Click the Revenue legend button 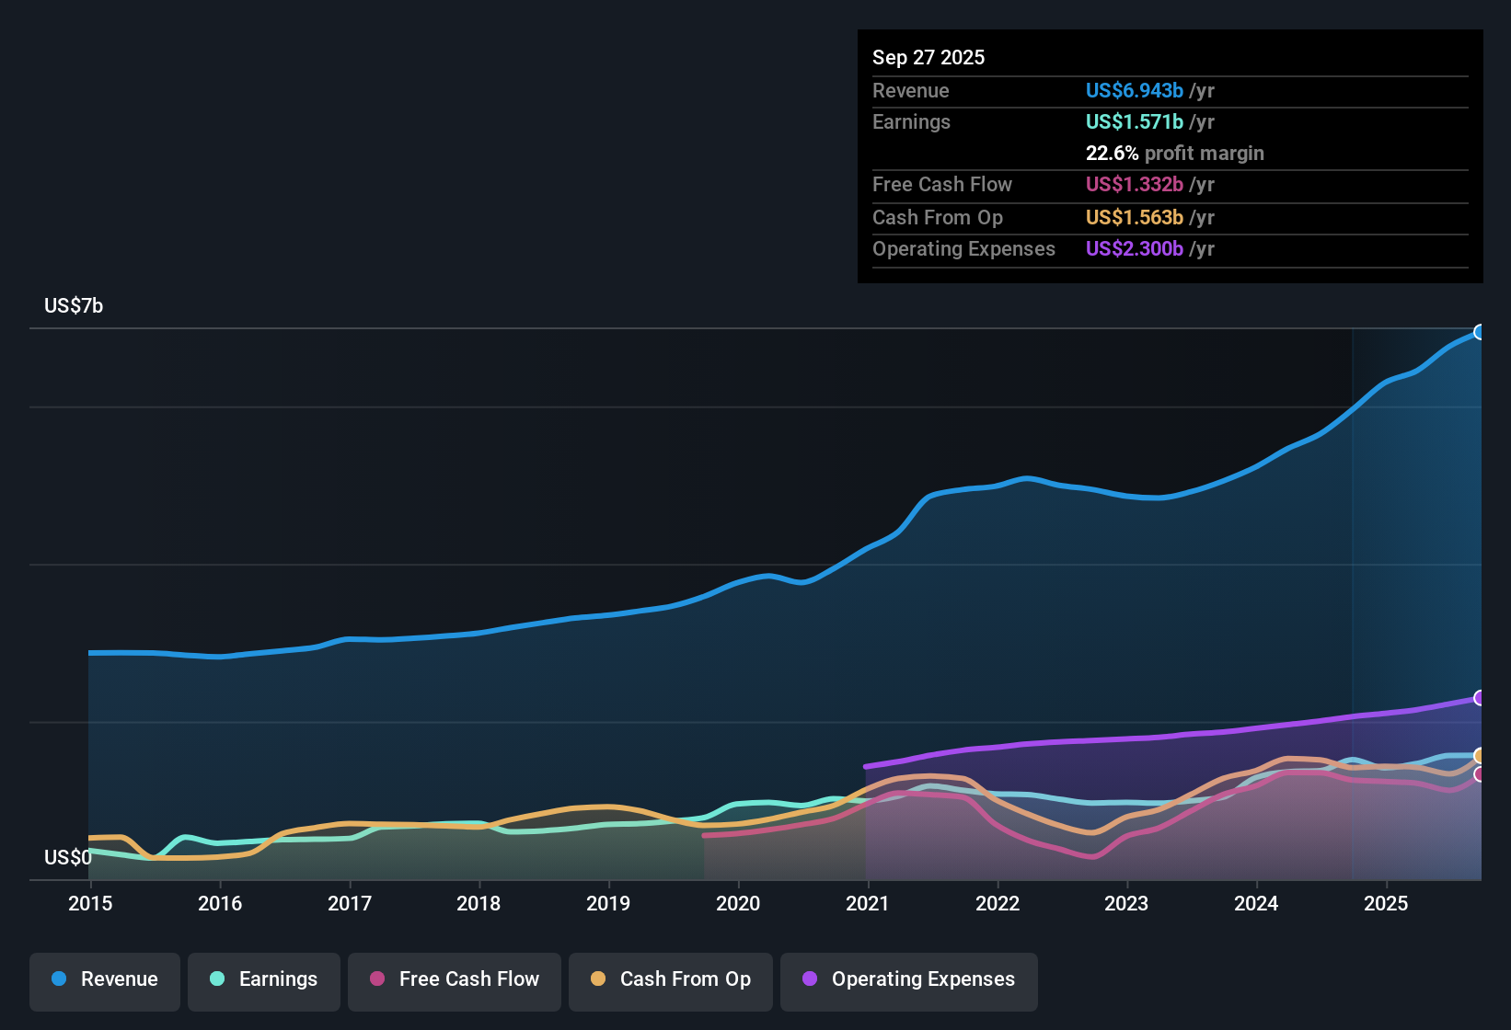click(105, 979)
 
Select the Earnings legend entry click(264, 979)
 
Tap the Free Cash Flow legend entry click(455, 979)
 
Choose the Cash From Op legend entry click(671, 979)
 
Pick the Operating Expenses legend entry click(909, 979)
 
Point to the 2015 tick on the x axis click(90, 903)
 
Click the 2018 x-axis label click(479, 903)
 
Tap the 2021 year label click(868, 903)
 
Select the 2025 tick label click(1386, 903)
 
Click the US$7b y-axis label click(74, 306)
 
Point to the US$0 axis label click(68, 858)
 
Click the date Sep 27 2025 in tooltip click(929, 58)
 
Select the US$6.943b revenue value click(1135, 91)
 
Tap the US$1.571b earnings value click(1135, 122)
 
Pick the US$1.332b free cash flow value click(1135, 185)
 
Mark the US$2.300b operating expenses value click(1135, 249)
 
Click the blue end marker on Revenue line click(1480, 332)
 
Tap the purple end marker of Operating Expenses click(1480, 698)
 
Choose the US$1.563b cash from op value click(1135, 218)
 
